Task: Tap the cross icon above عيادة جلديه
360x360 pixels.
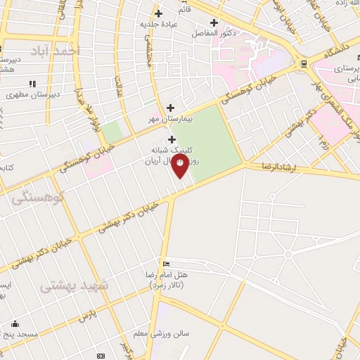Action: coord(158,13)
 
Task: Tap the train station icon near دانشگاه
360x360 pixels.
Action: coord(304,63)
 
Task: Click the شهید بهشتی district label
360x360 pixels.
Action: coord(75,286)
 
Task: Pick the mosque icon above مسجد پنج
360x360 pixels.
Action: coord(15,324)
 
